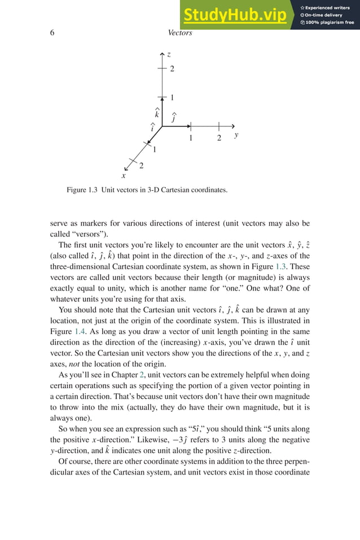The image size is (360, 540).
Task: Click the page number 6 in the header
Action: point(52,33)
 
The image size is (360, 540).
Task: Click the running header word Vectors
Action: point(180,33)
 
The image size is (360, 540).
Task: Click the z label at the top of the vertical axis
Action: point(169,54)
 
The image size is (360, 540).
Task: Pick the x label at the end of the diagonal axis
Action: point(124,176)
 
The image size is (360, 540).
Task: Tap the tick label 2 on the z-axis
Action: point(172,69)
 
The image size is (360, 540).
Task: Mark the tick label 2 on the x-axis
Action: point(141,165)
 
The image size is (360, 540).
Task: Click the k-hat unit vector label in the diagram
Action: point(157,113)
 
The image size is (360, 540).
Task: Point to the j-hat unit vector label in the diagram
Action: point(173,119)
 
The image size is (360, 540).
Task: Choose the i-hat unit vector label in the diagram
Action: point(152,127)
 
